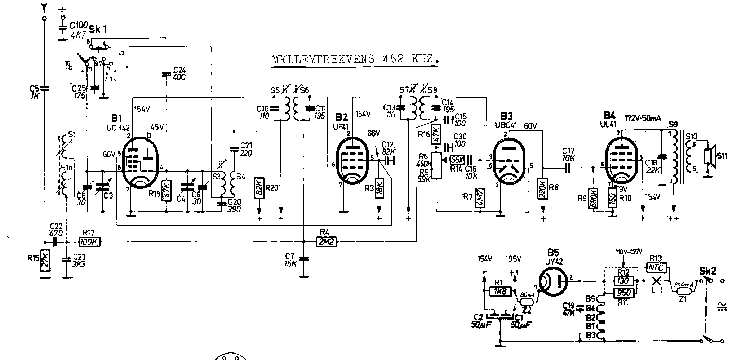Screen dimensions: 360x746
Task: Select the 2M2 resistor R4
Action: point(327,242)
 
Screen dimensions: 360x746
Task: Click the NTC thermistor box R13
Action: point(657,267)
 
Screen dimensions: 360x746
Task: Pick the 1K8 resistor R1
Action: point(500,291)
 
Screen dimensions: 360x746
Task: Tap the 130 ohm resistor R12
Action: point(623,281)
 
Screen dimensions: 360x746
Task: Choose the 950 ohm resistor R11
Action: point(623,293)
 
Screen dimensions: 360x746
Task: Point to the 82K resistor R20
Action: point(259,188)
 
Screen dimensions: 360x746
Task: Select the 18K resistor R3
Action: point(379,188)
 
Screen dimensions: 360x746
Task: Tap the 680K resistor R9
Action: point(592,198)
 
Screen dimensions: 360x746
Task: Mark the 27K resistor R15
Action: point(45,260)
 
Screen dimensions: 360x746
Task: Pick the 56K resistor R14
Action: point(457,159)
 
